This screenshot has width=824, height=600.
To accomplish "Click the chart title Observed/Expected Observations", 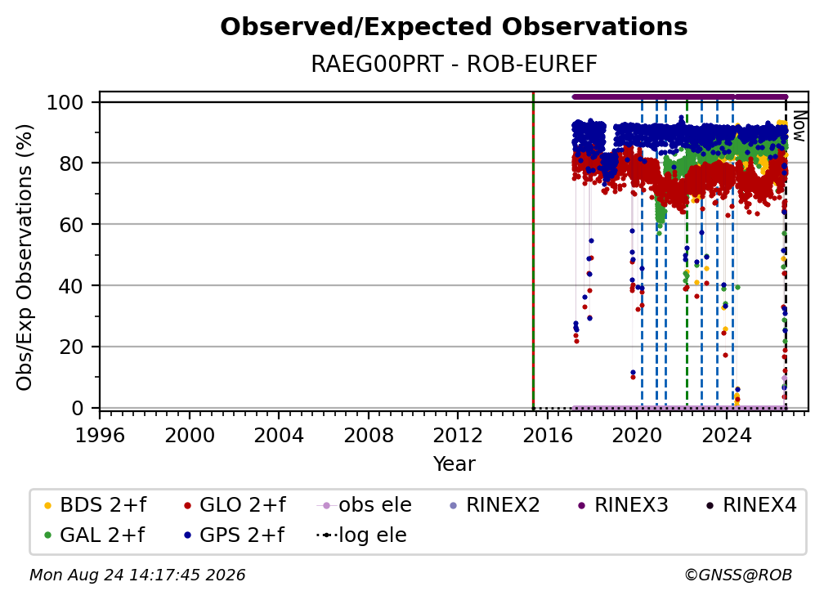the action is (454, 27).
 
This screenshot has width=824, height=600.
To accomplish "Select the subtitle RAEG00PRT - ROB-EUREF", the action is (454, 64).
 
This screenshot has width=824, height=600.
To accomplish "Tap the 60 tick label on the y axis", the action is (71, 224).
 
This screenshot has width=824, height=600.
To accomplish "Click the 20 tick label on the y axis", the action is (71, 347).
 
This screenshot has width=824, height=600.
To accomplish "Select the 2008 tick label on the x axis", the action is (369, 435).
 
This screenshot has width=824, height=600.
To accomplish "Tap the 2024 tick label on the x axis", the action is (727, 435).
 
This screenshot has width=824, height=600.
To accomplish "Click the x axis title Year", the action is (454, 464).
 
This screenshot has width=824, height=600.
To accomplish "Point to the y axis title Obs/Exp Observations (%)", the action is (25, 257).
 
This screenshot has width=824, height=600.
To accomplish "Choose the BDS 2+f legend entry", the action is (95, 505).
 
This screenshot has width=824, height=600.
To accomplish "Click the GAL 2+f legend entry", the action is (94, 535).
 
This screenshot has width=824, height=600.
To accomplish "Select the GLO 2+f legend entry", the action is (235, 505).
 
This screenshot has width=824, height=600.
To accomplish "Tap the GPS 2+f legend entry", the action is (234, 535).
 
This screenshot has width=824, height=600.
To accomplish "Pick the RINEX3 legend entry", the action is (623, 505).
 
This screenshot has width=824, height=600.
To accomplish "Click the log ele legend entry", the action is (361, 535).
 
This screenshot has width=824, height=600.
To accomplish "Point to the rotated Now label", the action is (799, 126).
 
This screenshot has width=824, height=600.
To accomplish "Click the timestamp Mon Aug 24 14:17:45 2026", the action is (137, 575).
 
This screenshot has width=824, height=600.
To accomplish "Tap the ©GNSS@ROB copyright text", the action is (738, 575).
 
